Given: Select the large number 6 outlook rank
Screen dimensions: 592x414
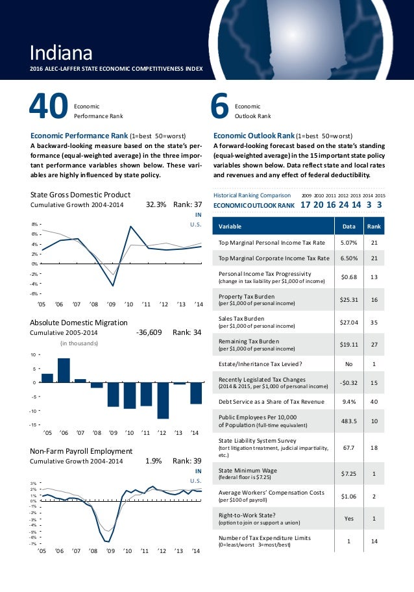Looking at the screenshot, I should [x=221, y=108].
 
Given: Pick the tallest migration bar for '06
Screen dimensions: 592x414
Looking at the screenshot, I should [x=64, y=370].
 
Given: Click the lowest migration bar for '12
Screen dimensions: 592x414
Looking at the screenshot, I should [x=163, y=400].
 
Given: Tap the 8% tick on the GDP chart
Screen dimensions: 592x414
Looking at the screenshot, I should [x=35, y=224].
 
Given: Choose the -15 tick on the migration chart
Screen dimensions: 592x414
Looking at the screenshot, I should [x=32, y=425].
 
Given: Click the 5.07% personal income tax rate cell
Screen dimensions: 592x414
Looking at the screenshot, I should [x=343, y=243].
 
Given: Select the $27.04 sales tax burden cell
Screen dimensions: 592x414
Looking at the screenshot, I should [x=343, y=322].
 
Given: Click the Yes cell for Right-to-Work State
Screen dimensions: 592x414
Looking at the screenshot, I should [x=343, y=518].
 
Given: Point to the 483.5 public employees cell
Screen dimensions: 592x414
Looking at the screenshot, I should [x=343, y=420].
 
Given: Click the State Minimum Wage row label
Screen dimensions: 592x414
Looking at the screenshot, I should [x=244, y=471].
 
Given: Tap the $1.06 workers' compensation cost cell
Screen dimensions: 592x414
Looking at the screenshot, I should [x=343, y=496].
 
